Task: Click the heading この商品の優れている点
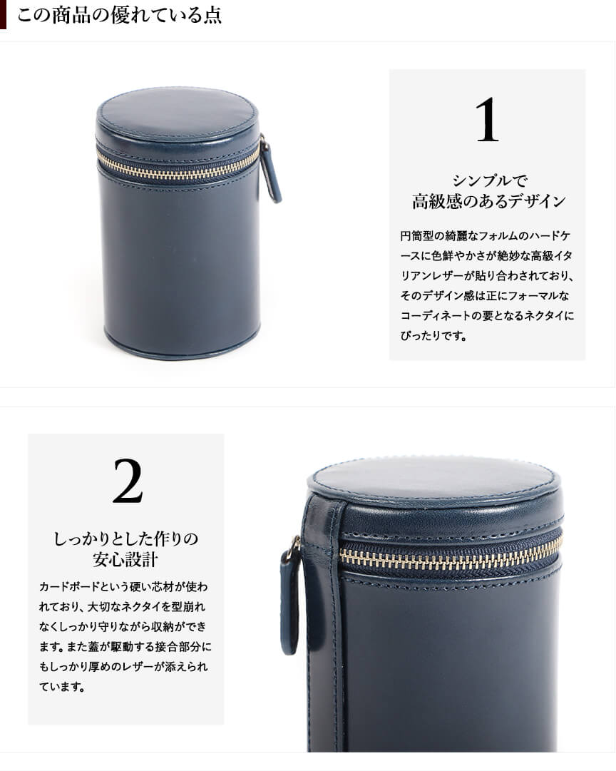pyautogui.click(x=119, y=15)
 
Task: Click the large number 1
pyautogui.click(x=487, y=119)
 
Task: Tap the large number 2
pyautogui.click(x=128, y=481)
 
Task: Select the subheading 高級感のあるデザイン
pyautogui.click(x=488, y=202)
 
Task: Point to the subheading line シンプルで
pyautogui.click(x=489, y=180)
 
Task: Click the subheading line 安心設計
pyautogui.click(x=125, y=560)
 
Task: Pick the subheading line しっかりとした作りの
pyautogui.click(x=126, y=539)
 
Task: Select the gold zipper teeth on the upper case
pyautogui.click(x=178, y=165)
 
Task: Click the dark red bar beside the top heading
pyautogui.click(x=3, y=14)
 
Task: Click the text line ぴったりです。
pyautogui.click(x=433, y=336)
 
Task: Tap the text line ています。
pyautogui.click(x=63, y=686)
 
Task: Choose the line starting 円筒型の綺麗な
pyautogui.click(x=486, y=235)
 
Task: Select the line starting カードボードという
pyautogui.click(x=123, y=586)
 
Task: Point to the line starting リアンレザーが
pyautogui.click(x=487, y=275)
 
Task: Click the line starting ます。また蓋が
pyautogui.click(x=125, y=647)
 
